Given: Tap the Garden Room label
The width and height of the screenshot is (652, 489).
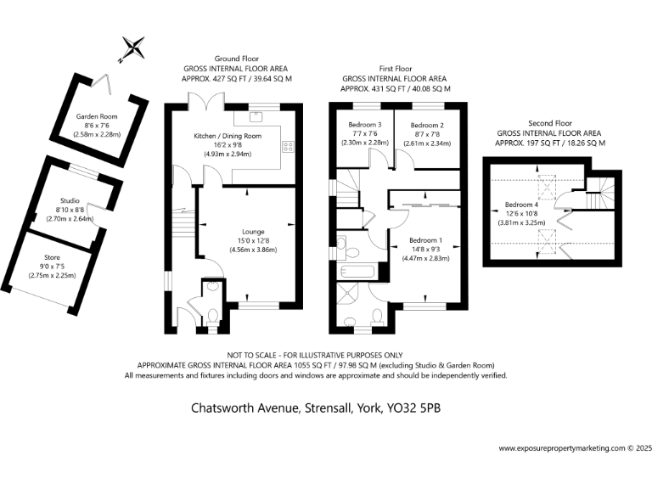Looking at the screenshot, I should (97, 116).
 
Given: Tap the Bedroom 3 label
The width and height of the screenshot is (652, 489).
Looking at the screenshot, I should (365, 125).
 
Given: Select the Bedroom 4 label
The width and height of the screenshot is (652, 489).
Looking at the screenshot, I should (521, 205).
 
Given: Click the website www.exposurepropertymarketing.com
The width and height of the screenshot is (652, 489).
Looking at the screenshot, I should (560, 447).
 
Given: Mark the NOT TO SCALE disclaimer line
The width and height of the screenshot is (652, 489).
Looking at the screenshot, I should (315, 354).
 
